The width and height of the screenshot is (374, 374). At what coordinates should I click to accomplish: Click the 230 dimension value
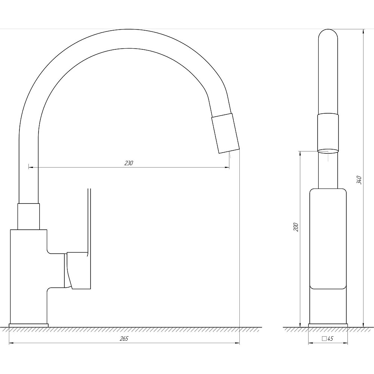tap(129, 163)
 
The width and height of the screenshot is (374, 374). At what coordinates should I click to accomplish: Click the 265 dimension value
tap(124, 339)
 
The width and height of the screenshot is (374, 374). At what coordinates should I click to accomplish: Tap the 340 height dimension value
tap(359, 180)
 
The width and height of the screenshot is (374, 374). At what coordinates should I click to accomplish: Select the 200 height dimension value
tap(296, 227)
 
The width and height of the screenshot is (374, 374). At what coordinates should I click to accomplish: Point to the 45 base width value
tap(330, 338)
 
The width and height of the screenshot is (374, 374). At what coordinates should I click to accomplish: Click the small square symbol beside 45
tap(324, 339)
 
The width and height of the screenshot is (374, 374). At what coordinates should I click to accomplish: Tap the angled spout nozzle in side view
tap(226, 133)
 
